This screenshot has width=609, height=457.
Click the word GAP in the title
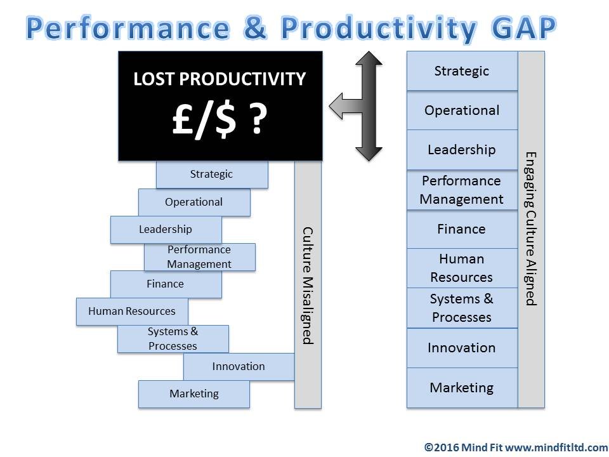[x=523, y=28]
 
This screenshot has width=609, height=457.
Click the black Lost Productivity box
[x=220, y=106]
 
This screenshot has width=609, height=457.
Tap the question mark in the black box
[x=258, y=119]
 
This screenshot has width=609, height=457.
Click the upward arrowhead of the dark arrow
[x=369, y=58]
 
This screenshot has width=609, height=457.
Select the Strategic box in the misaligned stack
[x=212, y=175]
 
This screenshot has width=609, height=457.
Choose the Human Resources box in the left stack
[x=132, y=312]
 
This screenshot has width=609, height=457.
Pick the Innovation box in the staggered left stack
[x=239, y=366]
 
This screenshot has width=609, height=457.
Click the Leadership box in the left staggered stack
[x=166, y=230]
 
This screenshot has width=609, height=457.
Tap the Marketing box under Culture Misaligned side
[x=194, y=394]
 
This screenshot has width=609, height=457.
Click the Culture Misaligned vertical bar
[x=308, y=284]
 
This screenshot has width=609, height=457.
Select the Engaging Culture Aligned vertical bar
[x=532, y=229]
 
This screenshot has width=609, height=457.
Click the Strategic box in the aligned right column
[x=462, y=71]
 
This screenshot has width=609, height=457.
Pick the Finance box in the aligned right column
[x=462, y=229]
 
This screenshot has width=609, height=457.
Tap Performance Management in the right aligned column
[x=462, y=190]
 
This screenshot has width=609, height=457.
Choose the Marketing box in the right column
[x=462, y=388]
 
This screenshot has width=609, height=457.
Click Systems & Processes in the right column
[x=462, y=308]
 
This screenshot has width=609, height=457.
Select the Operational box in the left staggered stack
[x=194, y=202]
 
